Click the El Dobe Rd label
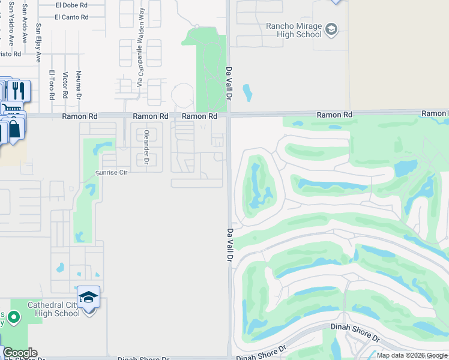(71, 5)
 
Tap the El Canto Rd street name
(71, 17)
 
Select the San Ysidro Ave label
(11, 27)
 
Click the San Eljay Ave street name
(38, 43)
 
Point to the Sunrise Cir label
(112, 173)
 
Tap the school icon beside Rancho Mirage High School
(331, 29)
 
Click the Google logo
(19, 353)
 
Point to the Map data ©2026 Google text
(412, 355)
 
